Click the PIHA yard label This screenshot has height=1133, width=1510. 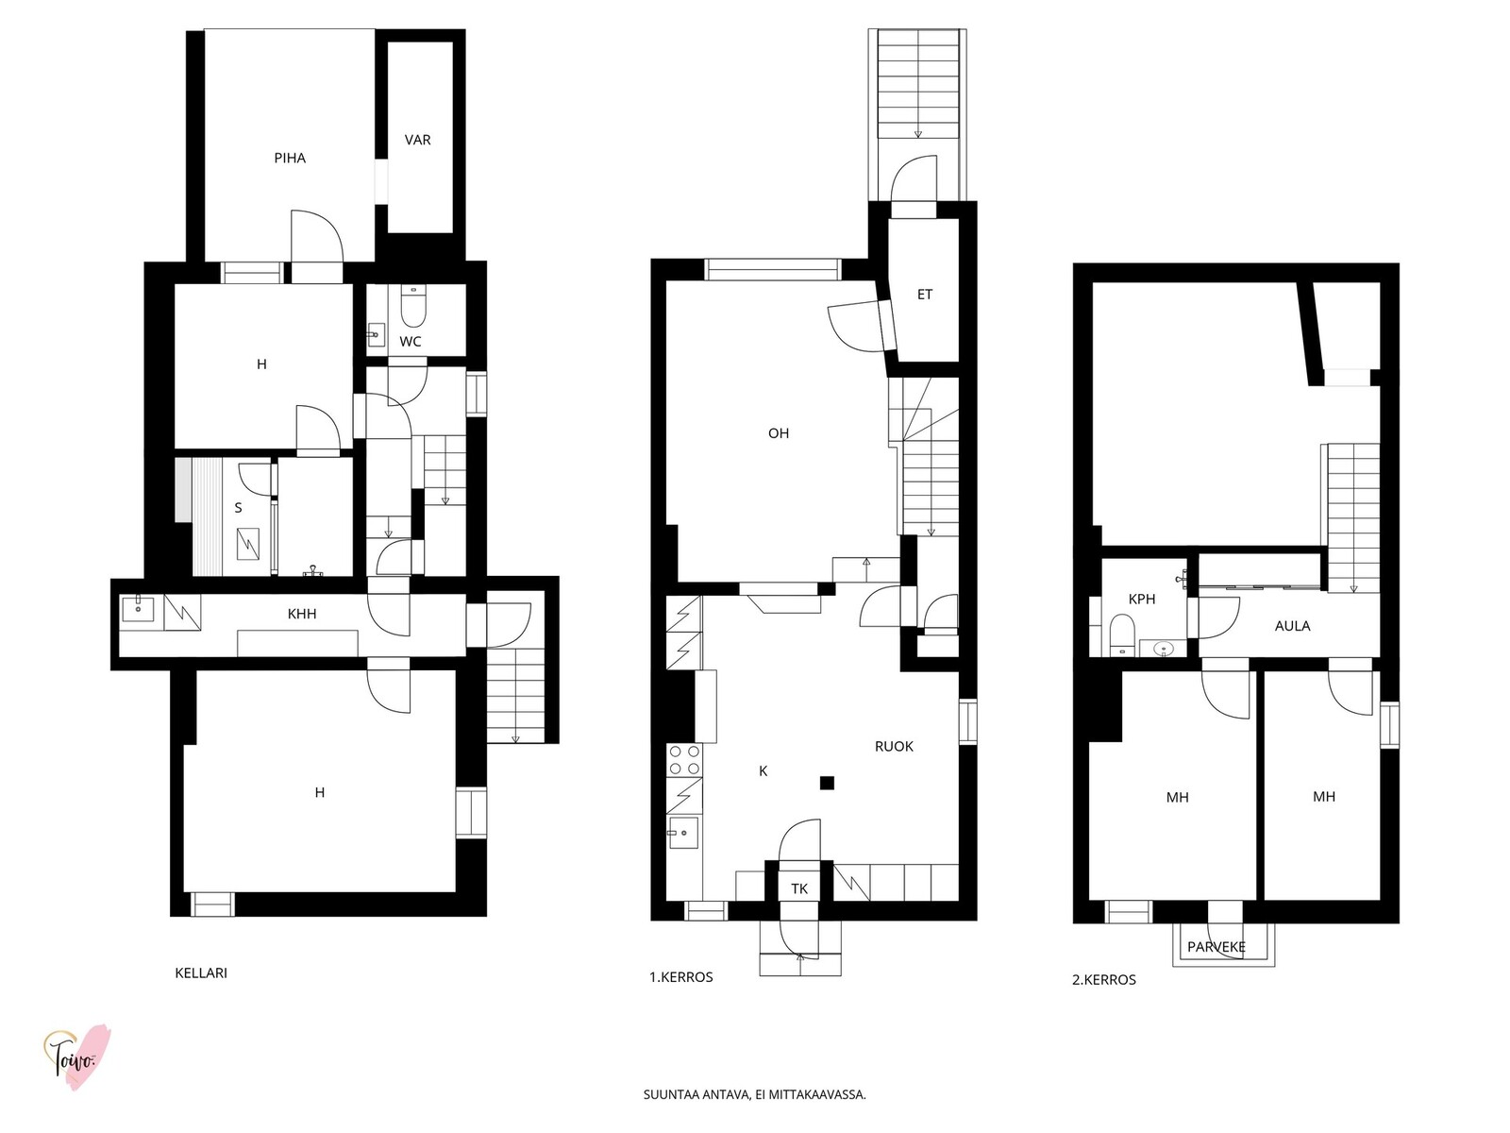coord(290,159)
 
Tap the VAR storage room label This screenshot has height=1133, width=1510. coord(417,141)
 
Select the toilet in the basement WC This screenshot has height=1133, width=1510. coord(413,307)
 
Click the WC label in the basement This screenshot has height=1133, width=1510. coord(410,342)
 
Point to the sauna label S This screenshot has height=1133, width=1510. coord(238,508)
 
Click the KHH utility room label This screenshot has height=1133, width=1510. coord(302,615)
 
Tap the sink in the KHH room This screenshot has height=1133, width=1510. coord(139,609)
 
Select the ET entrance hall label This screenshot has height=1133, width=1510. coord(925,295)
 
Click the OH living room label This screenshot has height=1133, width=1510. coord(778,433)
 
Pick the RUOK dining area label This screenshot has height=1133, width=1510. coord(894,747)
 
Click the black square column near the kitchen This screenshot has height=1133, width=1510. coord(827,783)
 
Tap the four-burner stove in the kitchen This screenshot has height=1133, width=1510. coord(684,760)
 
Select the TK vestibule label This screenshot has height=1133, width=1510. coord(798,889)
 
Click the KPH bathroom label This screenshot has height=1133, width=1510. coord(1142,600)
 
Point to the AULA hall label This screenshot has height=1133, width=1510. coord(1292,626)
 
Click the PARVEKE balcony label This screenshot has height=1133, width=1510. coord(1216,947)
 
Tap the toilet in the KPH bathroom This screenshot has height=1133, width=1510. coord(1121,634)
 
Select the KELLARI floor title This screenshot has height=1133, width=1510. coord(201,973)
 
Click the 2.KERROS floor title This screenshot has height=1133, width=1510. coord(1103,980)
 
